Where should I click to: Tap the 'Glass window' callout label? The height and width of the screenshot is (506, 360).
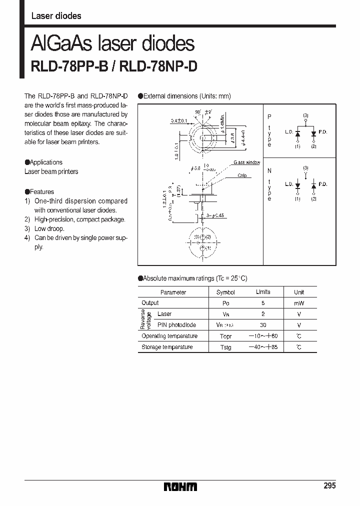[x=246, y=163]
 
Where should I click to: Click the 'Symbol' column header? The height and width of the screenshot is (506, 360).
[x=225, y=292]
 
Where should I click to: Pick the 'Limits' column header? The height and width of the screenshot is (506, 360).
[x=263, y=292]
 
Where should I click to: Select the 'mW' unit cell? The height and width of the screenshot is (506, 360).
[x=298, y=303]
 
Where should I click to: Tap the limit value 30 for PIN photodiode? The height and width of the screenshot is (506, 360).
[x=263, y=325]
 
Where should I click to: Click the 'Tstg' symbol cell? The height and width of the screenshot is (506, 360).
[x=225, y=347]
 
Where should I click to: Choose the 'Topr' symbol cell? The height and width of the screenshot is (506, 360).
[x=225, y=336]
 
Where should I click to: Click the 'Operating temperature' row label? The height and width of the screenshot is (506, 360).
[x=169, y=336]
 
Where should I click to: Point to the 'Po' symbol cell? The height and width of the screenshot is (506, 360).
[x=225, y=303]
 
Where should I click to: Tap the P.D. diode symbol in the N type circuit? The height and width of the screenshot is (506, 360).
[x=313, y=185]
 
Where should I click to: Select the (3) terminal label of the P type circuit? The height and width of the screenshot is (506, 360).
[x=305, y=115]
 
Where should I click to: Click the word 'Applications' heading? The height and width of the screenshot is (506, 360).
[x=46, y=162]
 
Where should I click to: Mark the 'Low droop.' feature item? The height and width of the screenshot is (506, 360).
[x=49, y=228]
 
